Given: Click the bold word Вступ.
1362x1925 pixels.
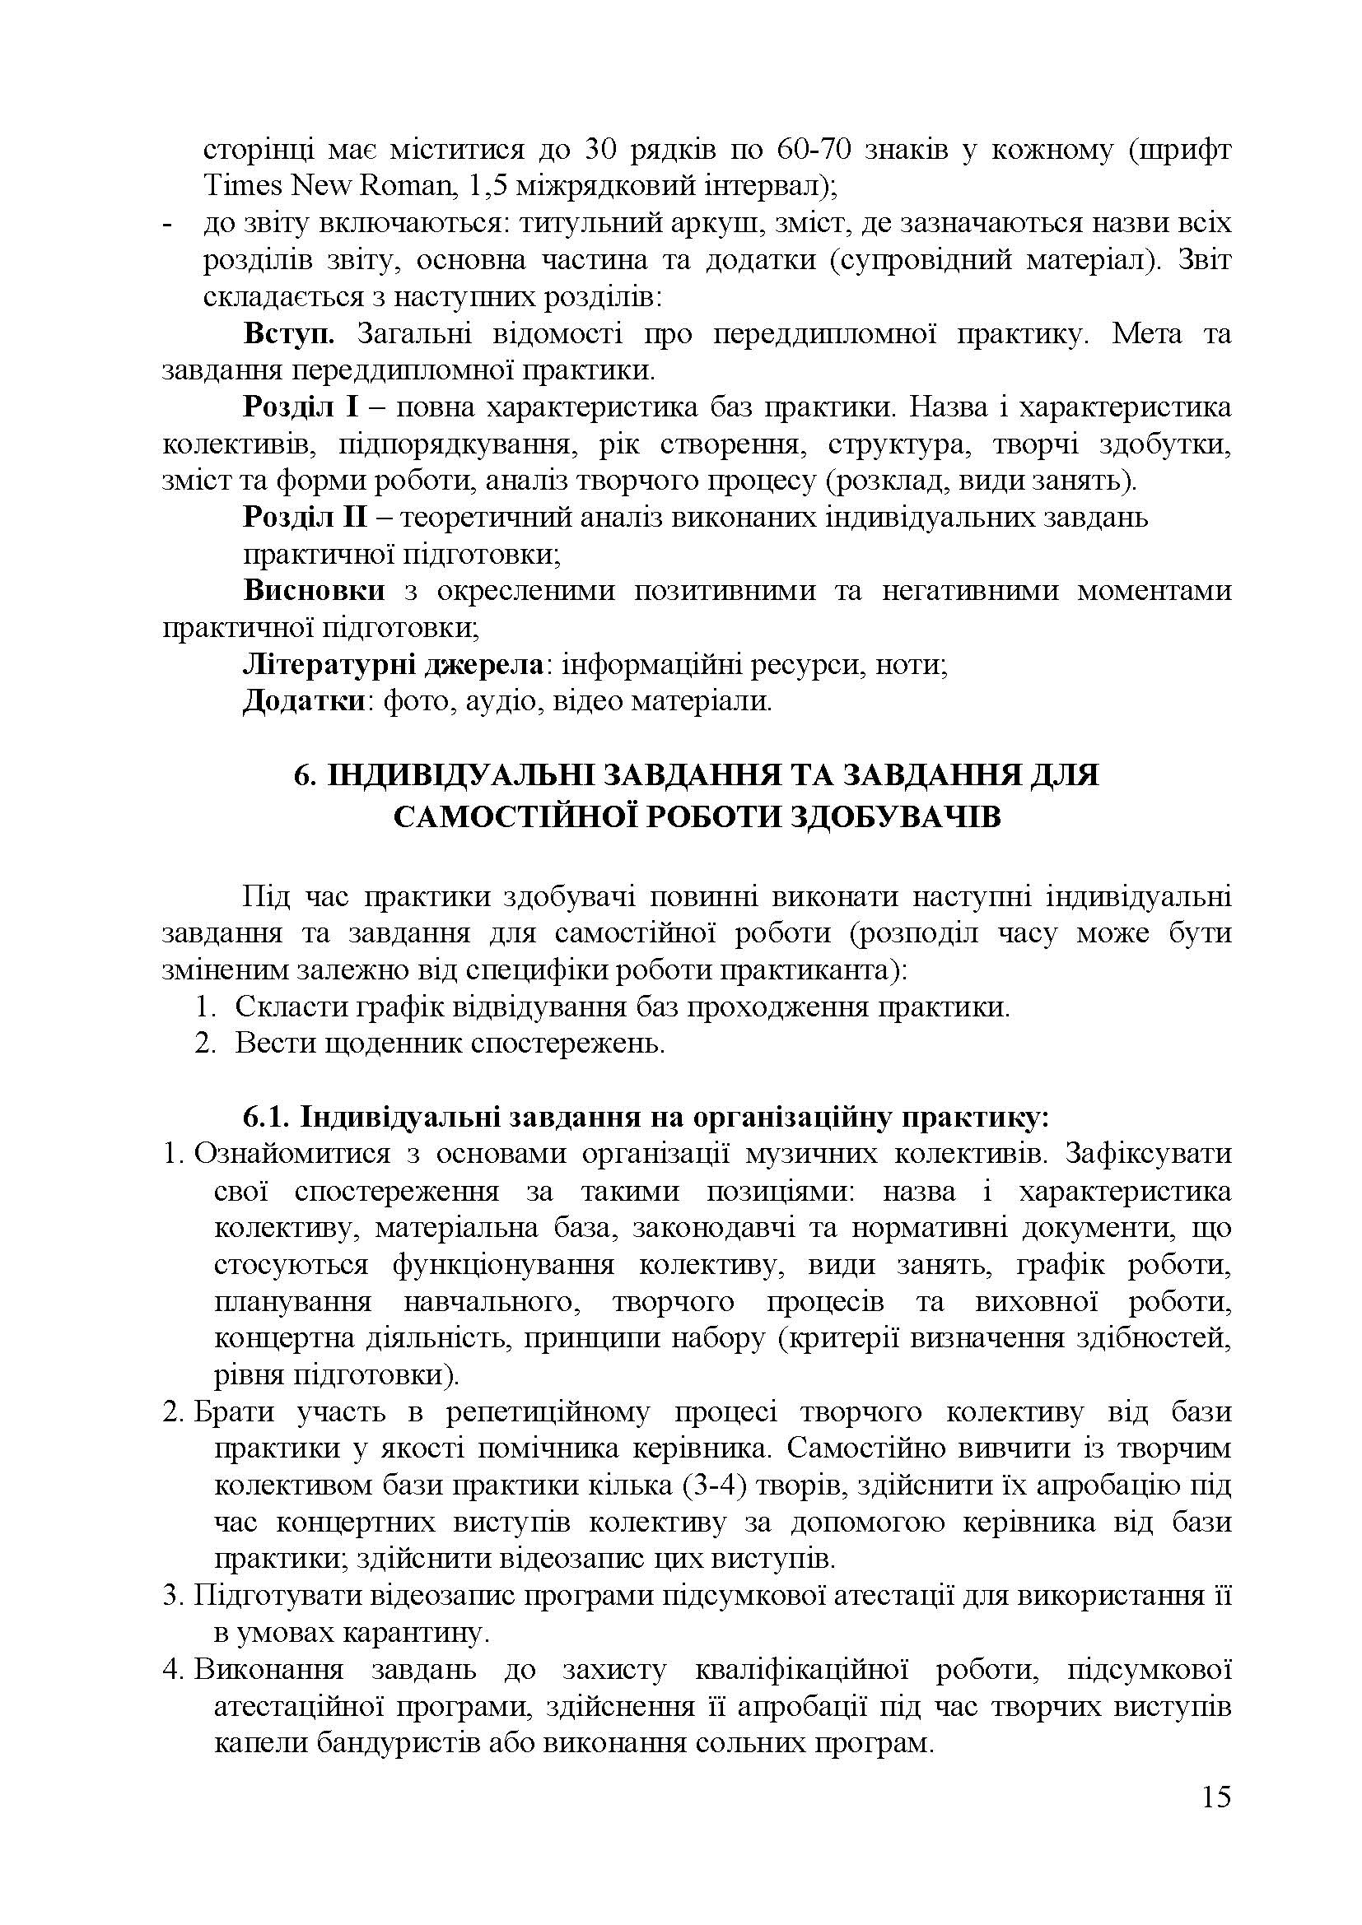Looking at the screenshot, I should coord(288,333).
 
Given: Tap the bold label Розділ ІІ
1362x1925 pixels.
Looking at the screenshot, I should coord(306,518).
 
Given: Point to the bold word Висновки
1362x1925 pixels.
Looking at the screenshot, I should coord(314,591).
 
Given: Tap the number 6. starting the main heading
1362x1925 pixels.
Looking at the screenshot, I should coord(304,775).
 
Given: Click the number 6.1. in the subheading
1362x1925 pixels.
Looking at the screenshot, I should coord(266,1118).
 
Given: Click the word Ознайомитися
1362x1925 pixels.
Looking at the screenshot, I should coord(292,1154).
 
